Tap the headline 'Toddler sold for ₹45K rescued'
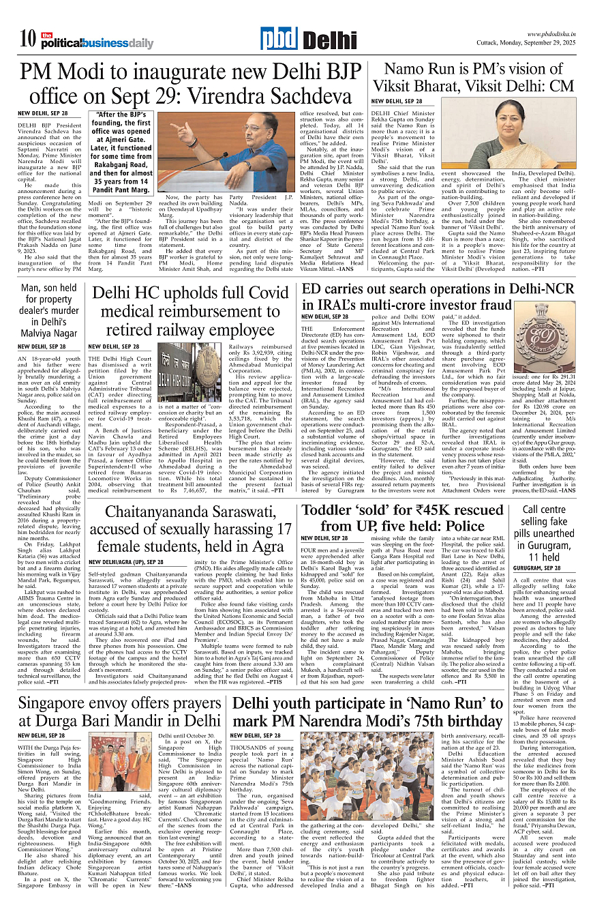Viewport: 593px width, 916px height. tap(403, 518)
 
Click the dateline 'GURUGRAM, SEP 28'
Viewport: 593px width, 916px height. tap(537, 567)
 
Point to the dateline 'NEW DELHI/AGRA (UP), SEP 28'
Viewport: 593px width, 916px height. tap(127, 562)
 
